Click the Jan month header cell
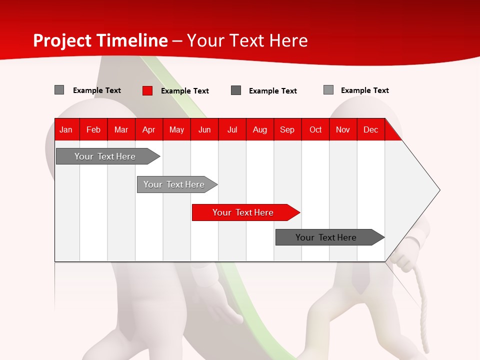tap(66, 130)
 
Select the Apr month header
tap(148, 130)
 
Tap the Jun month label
tap(204, 130)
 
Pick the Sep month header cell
tap(287, 130)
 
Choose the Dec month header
tap(370, 130)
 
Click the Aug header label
tap(259, 130)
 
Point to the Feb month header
tap(93, 130)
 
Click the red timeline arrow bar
tap(244, 212)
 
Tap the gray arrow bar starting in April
tap(175, 184)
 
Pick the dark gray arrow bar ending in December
tap(327, 237)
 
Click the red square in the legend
tap(147, 90)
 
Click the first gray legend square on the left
tap(59, 90)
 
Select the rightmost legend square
tap(328, 90)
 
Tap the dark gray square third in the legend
tap(236, 90)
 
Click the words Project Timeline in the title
tap(100, 40)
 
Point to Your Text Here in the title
tap(247, 40)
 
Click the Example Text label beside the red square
tap(184, 91)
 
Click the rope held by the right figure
tap(421, 300)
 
